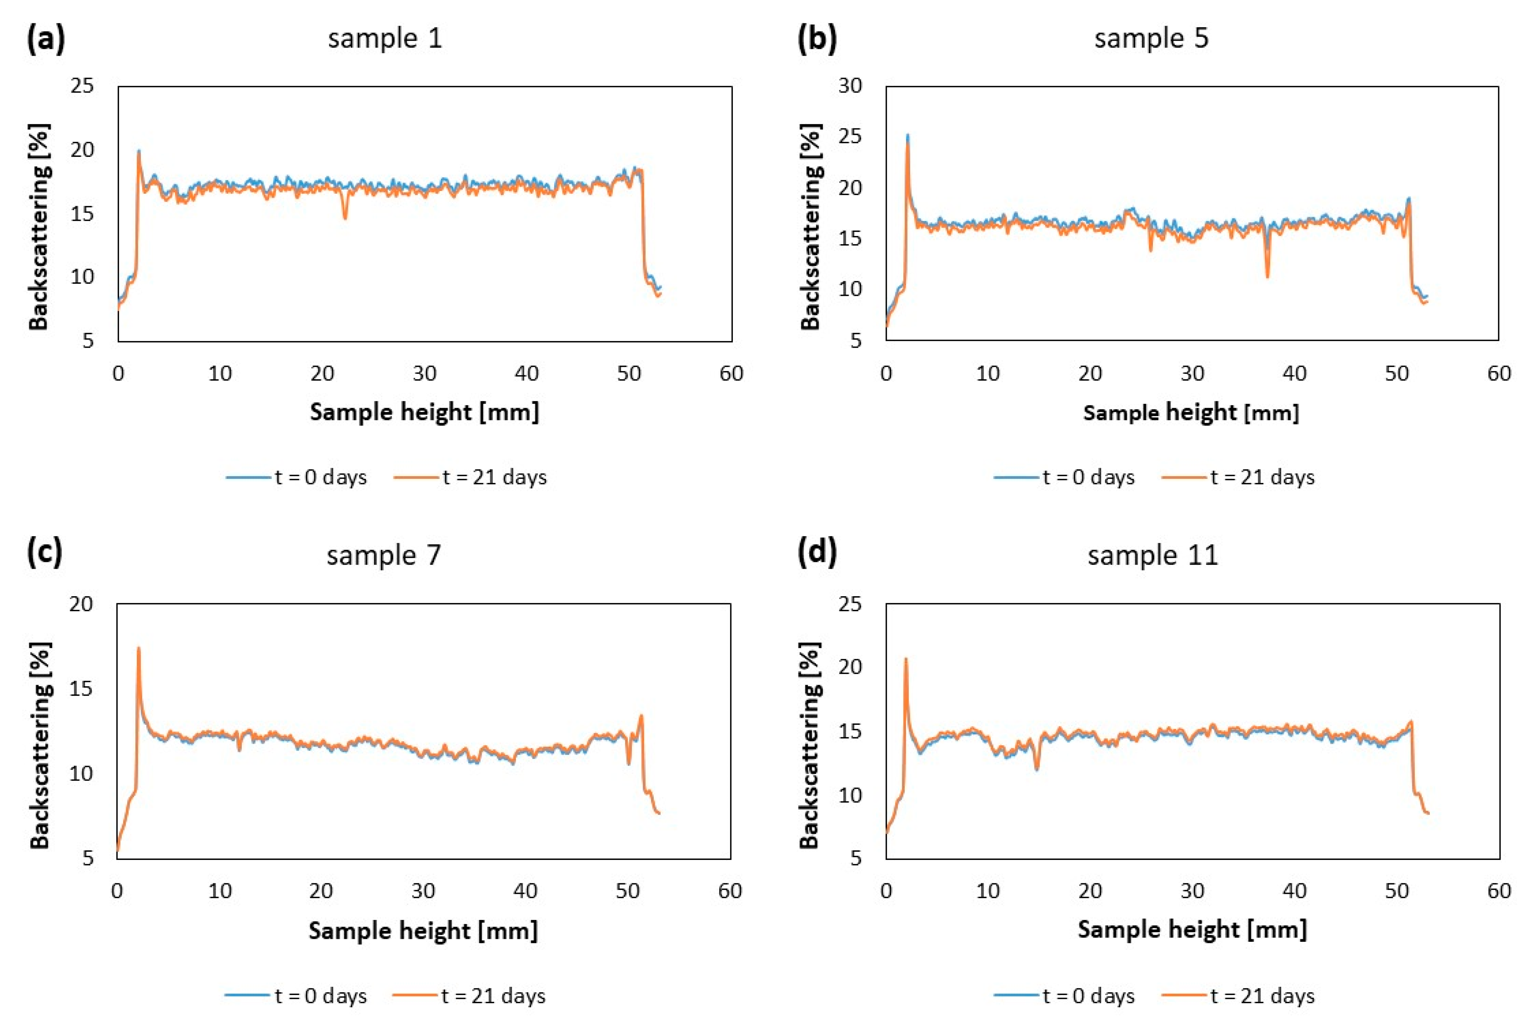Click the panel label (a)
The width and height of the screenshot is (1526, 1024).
[x=46, y=39]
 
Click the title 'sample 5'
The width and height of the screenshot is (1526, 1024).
[x=1151, y=39]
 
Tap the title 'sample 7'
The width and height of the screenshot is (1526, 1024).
[x=384, y=556]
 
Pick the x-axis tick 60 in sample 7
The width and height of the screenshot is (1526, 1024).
[x=729, y=891]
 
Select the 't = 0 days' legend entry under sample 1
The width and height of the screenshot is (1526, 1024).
[x=297, y=478]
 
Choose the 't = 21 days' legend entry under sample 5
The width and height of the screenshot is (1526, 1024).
[x=1238, y=478]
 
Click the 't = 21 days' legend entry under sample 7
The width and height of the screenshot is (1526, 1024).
[x=469, y=996]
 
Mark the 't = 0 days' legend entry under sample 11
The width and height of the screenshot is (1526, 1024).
[x=1064, y=996]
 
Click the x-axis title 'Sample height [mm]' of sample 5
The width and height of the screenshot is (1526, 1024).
[x=1191, y=413]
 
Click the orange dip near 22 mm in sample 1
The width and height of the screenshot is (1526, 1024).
[x=345, y=217]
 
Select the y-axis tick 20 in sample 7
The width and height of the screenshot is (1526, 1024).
[x=82, y=604]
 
